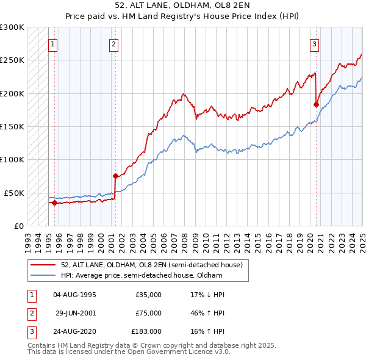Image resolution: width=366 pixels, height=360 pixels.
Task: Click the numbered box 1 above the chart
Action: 53,43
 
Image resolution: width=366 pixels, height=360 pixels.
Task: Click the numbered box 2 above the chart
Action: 114,43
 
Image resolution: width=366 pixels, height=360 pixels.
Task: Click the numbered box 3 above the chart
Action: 314,43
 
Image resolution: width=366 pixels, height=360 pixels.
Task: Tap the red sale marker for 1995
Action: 54,203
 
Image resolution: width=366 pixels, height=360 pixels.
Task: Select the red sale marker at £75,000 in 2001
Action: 115,176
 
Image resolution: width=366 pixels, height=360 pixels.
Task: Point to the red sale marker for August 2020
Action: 316,104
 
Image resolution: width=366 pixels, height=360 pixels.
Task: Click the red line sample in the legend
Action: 42,265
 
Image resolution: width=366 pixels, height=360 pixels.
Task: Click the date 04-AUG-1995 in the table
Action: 75,295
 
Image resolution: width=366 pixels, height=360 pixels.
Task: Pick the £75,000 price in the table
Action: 148,313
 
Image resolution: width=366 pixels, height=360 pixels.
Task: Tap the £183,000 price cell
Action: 146,332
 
